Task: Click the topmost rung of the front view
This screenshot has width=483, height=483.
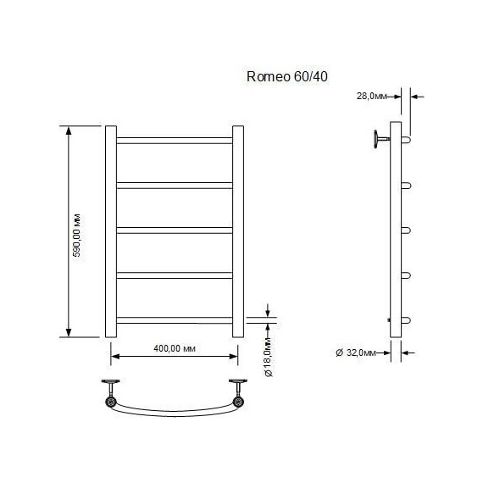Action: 174,139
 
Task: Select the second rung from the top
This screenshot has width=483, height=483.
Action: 174,184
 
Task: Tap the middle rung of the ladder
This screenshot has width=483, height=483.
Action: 174,229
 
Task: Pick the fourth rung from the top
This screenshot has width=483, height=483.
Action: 174,274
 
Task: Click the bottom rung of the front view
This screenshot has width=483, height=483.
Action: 174,319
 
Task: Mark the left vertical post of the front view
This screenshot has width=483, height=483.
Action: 110,231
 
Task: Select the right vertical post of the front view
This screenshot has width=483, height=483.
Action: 238,231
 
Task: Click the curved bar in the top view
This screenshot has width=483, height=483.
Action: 174,413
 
